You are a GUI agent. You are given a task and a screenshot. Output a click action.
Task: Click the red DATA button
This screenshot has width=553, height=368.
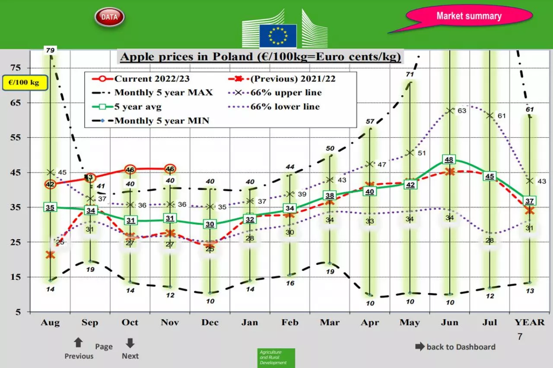(x=109, y=17)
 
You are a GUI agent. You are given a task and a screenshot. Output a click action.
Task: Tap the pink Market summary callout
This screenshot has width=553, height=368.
(x=469, y=16)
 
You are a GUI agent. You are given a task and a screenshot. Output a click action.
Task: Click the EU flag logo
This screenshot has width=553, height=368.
(x=278, y=36)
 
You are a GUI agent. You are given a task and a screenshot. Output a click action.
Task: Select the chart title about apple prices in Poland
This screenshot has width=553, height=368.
(x=261, y=57)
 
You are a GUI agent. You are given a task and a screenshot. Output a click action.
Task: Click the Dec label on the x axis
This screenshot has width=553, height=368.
(x=210, y=323)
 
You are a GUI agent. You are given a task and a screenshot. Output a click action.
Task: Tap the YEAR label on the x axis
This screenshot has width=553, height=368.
(x=529, y=323)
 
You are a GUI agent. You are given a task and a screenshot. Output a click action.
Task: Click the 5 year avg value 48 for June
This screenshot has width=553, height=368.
(x=449, y=160)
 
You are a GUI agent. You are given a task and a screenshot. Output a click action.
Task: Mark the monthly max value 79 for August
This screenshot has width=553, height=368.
(x=50, y=51)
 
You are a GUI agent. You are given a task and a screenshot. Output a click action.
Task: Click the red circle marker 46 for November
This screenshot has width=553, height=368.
(x=170, y=169)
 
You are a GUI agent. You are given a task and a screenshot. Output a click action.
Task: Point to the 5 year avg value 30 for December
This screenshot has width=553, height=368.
(x=210, y=224)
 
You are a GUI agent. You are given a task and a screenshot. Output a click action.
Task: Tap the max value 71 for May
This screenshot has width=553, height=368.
(x=410, y=75)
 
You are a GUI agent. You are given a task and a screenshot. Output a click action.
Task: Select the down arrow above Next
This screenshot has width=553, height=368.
(x=130, y=343)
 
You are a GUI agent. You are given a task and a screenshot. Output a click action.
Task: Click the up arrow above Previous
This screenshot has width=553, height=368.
(x=78, y=343)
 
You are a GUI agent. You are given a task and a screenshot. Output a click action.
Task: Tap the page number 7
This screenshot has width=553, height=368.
(x=520, y=337)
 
